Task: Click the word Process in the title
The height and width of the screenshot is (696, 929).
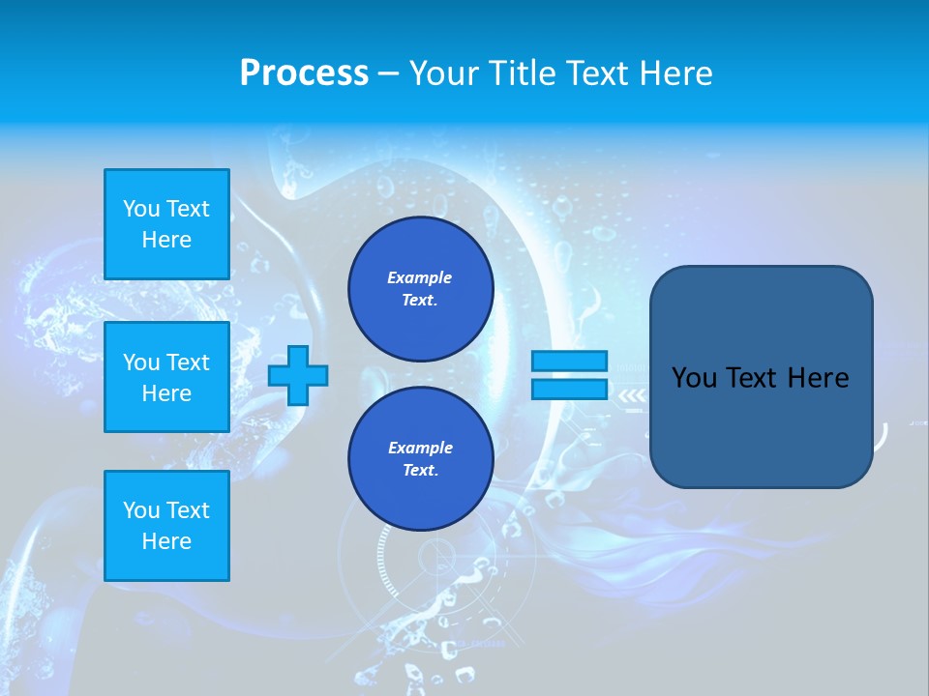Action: pos(304,73)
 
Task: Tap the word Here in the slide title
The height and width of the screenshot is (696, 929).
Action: pos(674,73)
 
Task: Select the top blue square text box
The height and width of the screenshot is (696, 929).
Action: pos(166,224)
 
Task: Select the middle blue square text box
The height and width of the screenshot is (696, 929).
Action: pos(166,377)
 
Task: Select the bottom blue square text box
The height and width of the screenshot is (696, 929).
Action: pos(166,526)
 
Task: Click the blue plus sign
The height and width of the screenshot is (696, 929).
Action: pos(298,376)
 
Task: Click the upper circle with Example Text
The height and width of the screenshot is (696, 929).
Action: pos(421,289)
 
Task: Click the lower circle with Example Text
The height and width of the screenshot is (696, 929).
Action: pos(421,459)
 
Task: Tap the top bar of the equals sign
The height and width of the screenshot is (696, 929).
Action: pos(569,362)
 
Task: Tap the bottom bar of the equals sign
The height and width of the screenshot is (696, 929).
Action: pos(569,390)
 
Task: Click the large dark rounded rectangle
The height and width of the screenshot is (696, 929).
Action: pos(762,425)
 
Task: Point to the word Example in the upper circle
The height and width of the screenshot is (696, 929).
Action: pos(419,277)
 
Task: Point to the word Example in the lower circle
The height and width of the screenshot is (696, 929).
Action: pos(420,448)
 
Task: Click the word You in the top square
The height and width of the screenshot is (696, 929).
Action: pos(141,209)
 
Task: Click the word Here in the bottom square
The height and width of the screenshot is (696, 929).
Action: pos(166,541)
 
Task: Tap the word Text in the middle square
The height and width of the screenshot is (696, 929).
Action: pos(188,362)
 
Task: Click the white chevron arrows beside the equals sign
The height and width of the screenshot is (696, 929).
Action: pos(632,395)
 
